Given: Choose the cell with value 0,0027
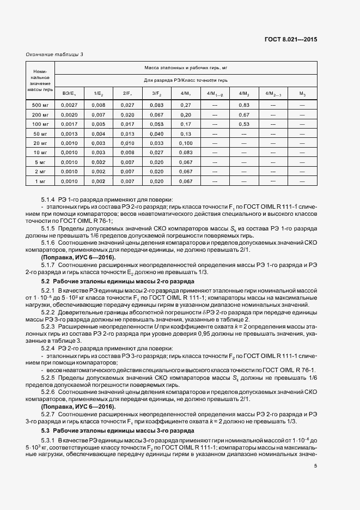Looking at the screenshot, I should pos(70,105).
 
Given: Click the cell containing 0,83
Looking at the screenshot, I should pos(244,105).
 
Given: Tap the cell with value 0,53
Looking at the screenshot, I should pos(244,124).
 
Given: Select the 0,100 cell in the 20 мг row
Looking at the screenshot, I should pos(186,143).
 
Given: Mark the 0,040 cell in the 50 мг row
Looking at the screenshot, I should pos(157,133).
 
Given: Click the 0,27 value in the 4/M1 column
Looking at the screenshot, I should pos(186,105).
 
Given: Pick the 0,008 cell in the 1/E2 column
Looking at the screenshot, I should pos(99,105).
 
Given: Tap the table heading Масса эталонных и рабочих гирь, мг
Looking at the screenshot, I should pos(185,67).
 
